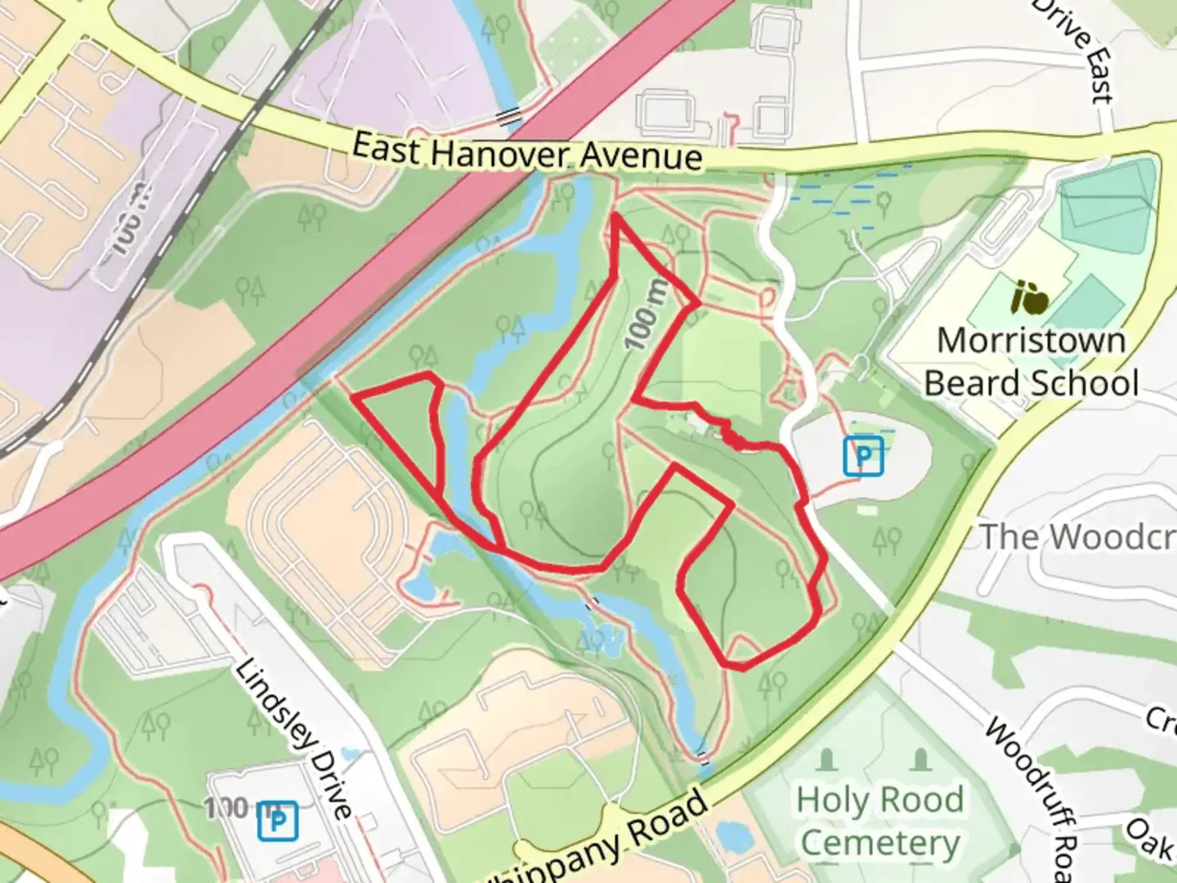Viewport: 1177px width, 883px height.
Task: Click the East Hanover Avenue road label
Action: coord(527,152)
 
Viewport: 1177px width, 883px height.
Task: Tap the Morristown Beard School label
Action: coord(1031,361)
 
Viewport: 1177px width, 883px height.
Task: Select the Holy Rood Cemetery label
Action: coord(879,820)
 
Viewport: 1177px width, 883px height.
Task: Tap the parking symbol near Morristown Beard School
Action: coord(863,456)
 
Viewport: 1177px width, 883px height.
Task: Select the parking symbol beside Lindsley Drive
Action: coord(278,820)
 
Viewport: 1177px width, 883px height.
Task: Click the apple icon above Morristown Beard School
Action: coord(1030,298)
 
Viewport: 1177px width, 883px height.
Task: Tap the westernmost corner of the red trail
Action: coord(353,397)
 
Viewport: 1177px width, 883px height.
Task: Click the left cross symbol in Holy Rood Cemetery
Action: coord(826,760)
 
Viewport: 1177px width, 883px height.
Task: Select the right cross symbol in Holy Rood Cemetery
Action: coord(921,760)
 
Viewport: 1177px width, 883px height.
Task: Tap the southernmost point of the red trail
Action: coord(741,668)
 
